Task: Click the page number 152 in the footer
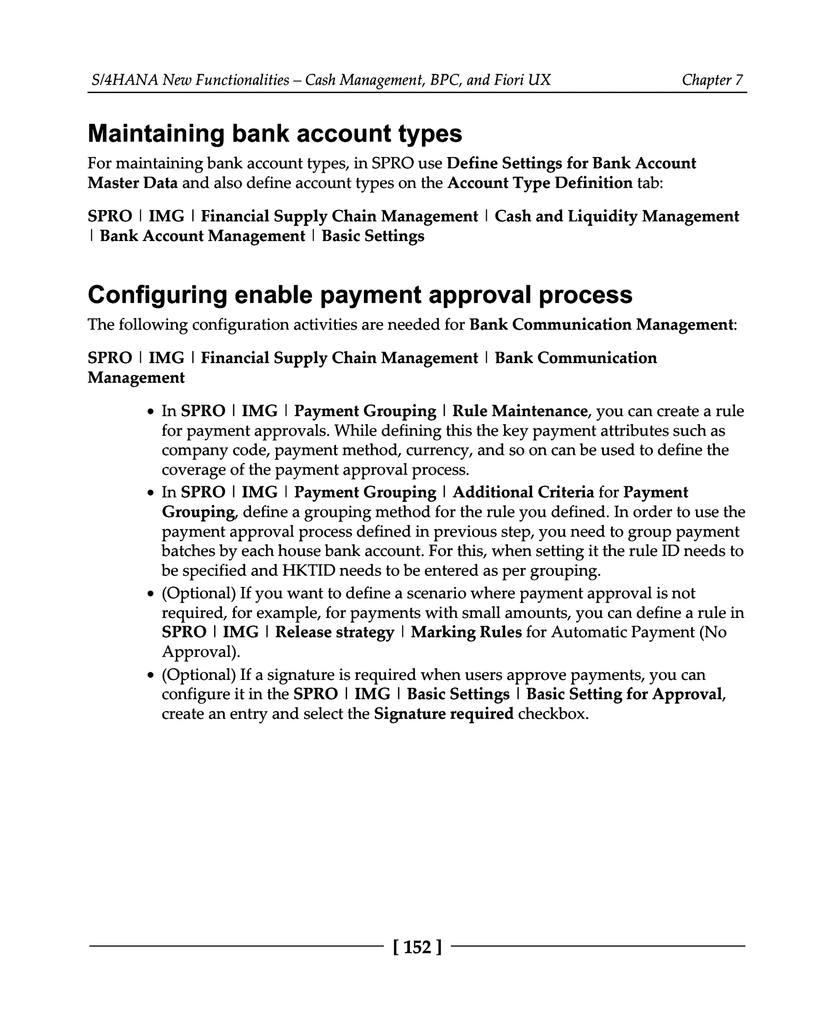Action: click(417, 947)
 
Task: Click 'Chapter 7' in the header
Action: click(712, 80)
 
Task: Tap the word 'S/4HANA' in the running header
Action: click(125, 80)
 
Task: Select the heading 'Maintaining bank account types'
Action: click(275, 133)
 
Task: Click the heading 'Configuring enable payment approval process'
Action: click(360, 295)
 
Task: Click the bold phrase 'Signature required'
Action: click(444, 713)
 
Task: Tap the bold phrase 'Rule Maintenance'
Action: click(519, 411)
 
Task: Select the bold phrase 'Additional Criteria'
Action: click(524, 492)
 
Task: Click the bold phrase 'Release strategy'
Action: click(334, 632)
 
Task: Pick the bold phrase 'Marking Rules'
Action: click(466, 632)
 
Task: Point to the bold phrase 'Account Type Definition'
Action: click(540, 183)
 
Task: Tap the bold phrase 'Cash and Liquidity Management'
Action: click(616, 216)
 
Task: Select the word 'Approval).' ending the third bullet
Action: click(201, 652)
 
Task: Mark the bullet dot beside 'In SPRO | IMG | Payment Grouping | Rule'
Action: click(151, 412)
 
